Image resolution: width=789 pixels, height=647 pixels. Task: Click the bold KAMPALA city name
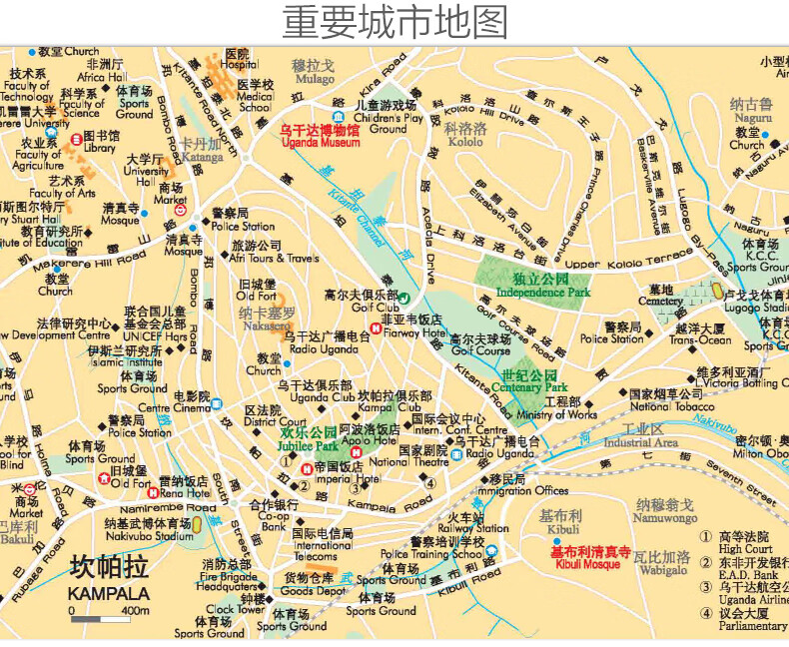109,593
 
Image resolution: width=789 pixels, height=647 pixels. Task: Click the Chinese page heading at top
394,22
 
